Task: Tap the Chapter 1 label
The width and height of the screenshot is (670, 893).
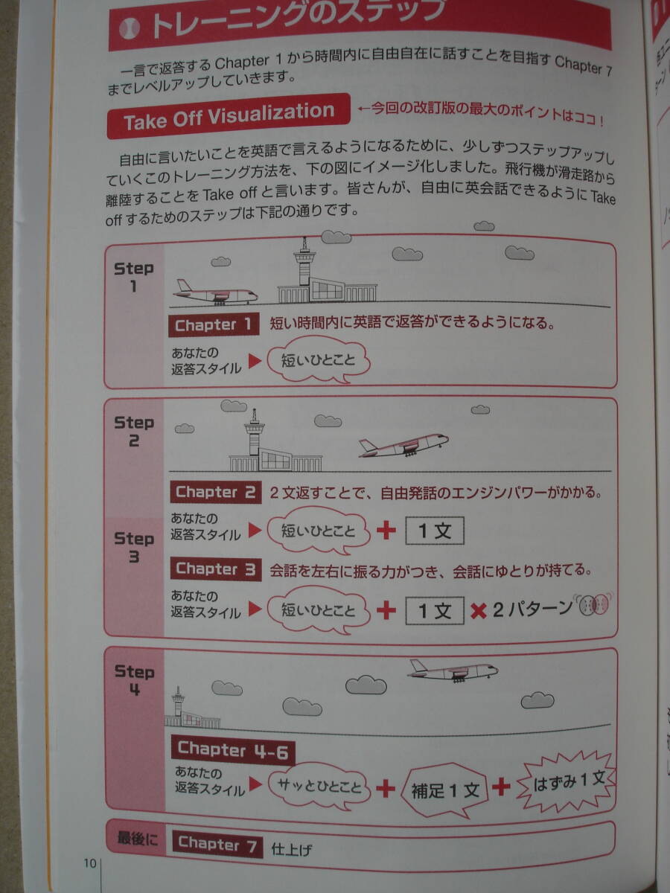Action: point(214,325)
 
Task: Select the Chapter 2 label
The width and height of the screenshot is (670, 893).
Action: point(216,492)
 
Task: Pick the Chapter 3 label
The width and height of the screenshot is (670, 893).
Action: point(216,569)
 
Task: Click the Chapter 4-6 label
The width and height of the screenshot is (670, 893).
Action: point(232,750)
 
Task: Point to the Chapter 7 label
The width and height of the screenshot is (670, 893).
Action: point(217,844)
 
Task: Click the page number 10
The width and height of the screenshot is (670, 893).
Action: point(90,864)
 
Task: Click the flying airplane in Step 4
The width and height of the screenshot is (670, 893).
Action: point(453,670)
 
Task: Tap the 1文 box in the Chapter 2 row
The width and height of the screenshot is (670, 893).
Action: point(434,532)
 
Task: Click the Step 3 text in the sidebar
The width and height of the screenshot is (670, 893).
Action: point(134,547)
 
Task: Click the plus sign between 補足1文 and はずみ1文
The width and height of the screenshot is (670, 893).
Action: point(501,787)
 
